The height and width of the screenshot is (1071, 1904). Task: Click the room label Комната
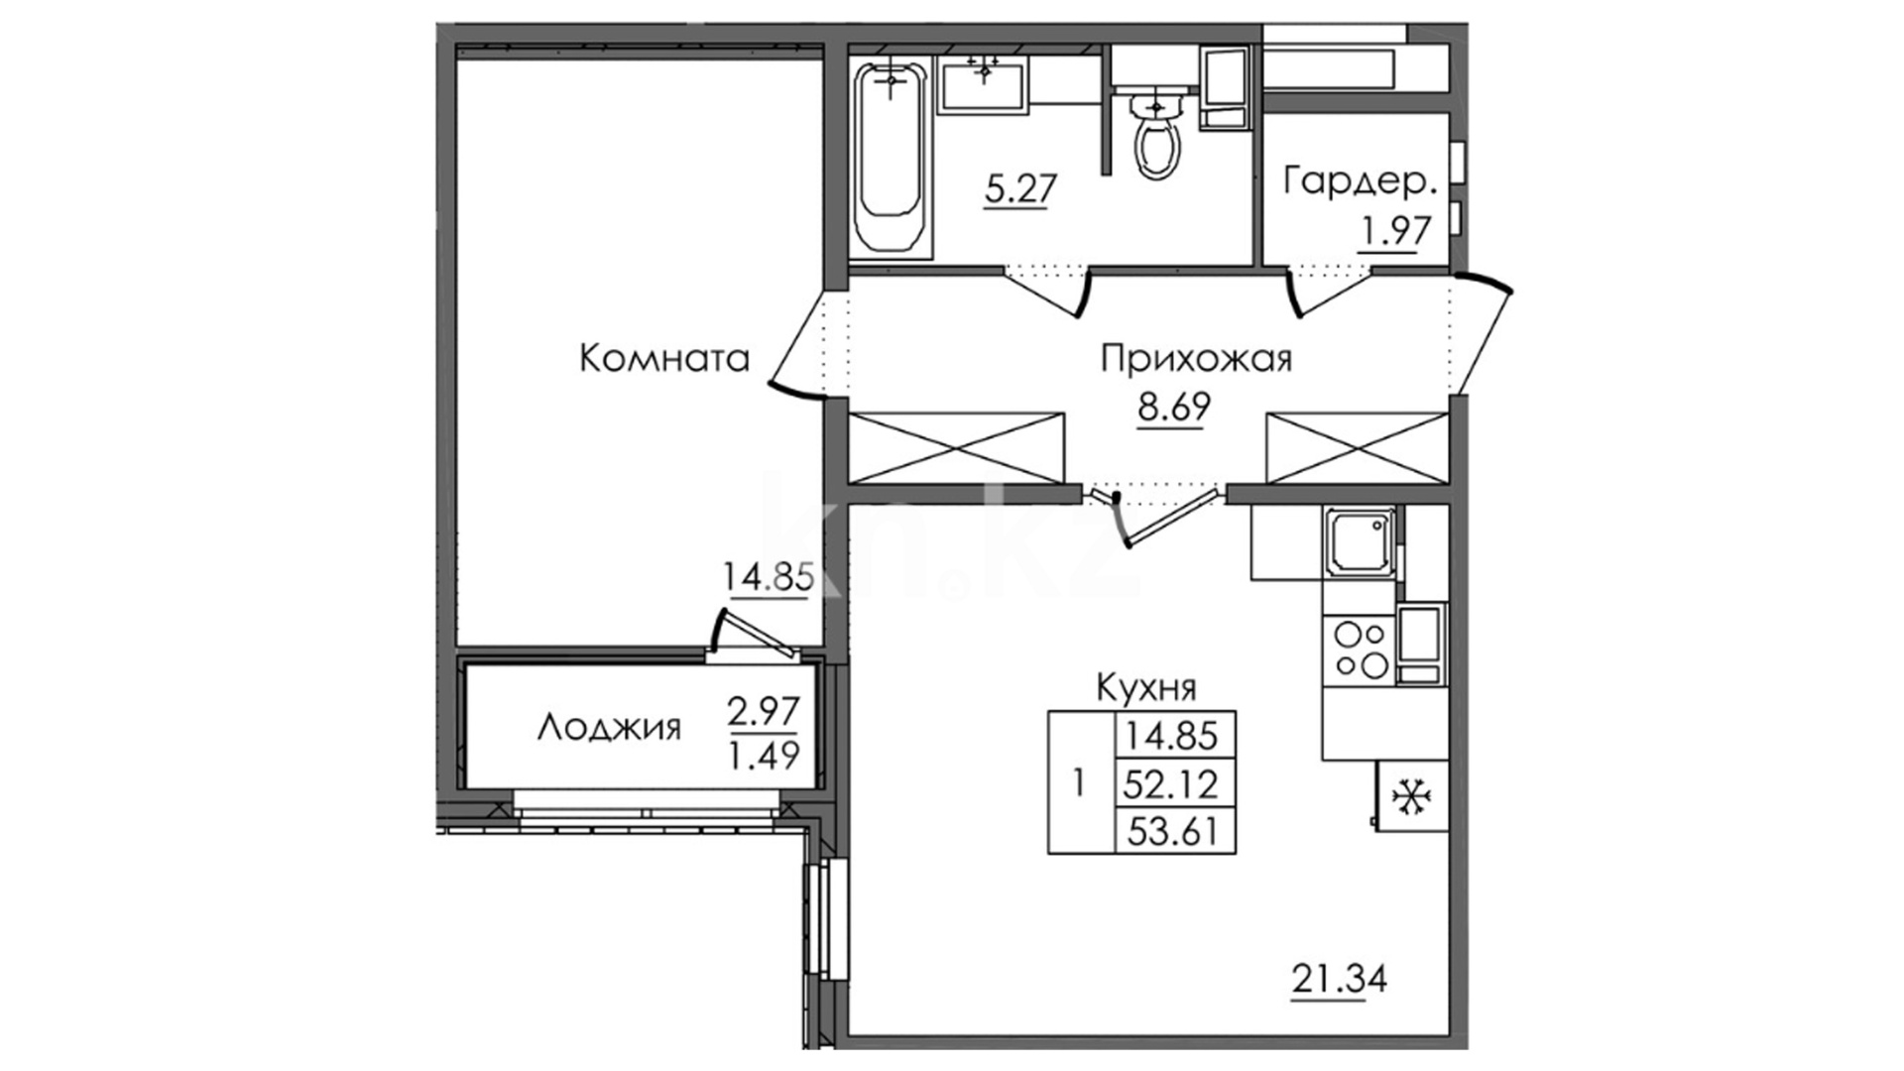pyautogui.click(x=663, y=358)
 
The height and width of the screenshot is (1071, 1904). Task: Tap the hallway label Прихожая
pyautogui.click(x=1196, y=358)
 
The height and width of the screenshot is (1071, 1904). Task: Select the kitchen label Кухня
pyautogui.click(x=1146, y=686)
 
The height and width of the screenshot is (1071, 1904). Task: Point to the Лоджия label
pyautogui.click(x=609, y=728)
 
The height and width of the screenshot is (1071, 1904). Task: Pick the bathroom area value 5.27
pyautogui.click(x=1020, y=187)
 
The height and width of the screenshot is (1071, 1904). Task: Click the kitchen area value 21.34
pyautogui.click(x=1339, y=980)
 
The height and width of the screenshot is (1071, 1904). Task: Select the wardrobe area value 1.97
pyautogui.click(x=1395, y=231)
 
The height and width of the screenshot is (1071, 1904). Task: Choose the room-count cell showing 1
pyautogui.click(x=1079, y=783)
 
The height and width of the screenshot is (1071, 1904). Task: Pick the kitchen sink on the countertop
pyautogui.click(x=1360, y=541)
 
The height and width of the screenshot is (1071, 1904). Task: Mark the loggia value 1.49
pyautogui.click(x=764, y=756)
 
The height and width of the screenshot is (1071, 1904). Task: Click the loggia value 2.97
pyautogui.click(x=764, y=711)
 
